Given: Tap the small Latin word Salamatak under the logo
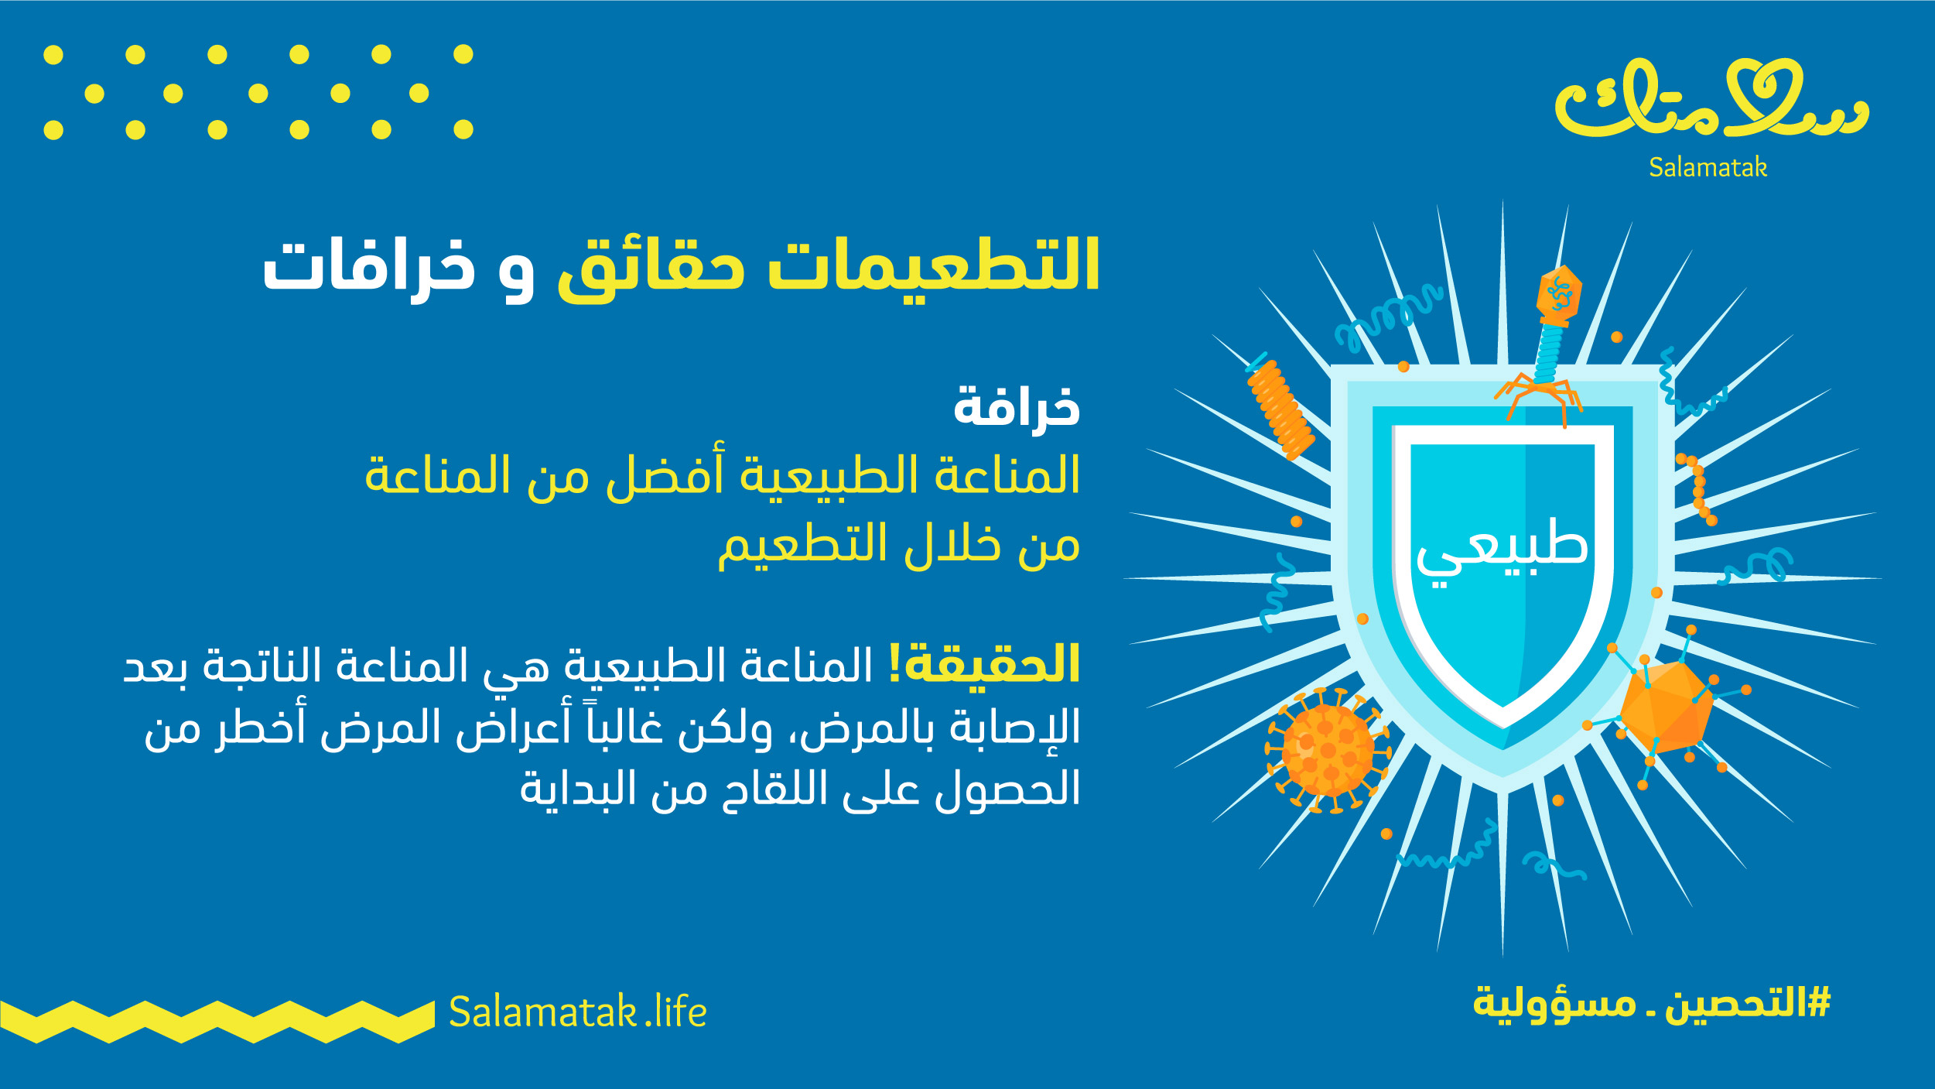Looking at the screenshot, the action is point(1708,167).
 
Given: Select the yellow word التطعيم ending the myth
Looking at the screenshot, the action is point(802,543).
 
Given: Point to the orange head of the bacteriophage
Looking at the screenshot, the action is point(1559,295).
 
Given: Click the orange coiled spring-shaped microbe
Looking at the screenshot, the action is point(1280,409).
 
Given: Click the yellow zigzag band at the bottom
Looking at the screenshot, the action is point(217,1022).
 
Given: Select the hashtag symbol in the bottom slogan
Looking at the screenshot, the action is point(1817,1002).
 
